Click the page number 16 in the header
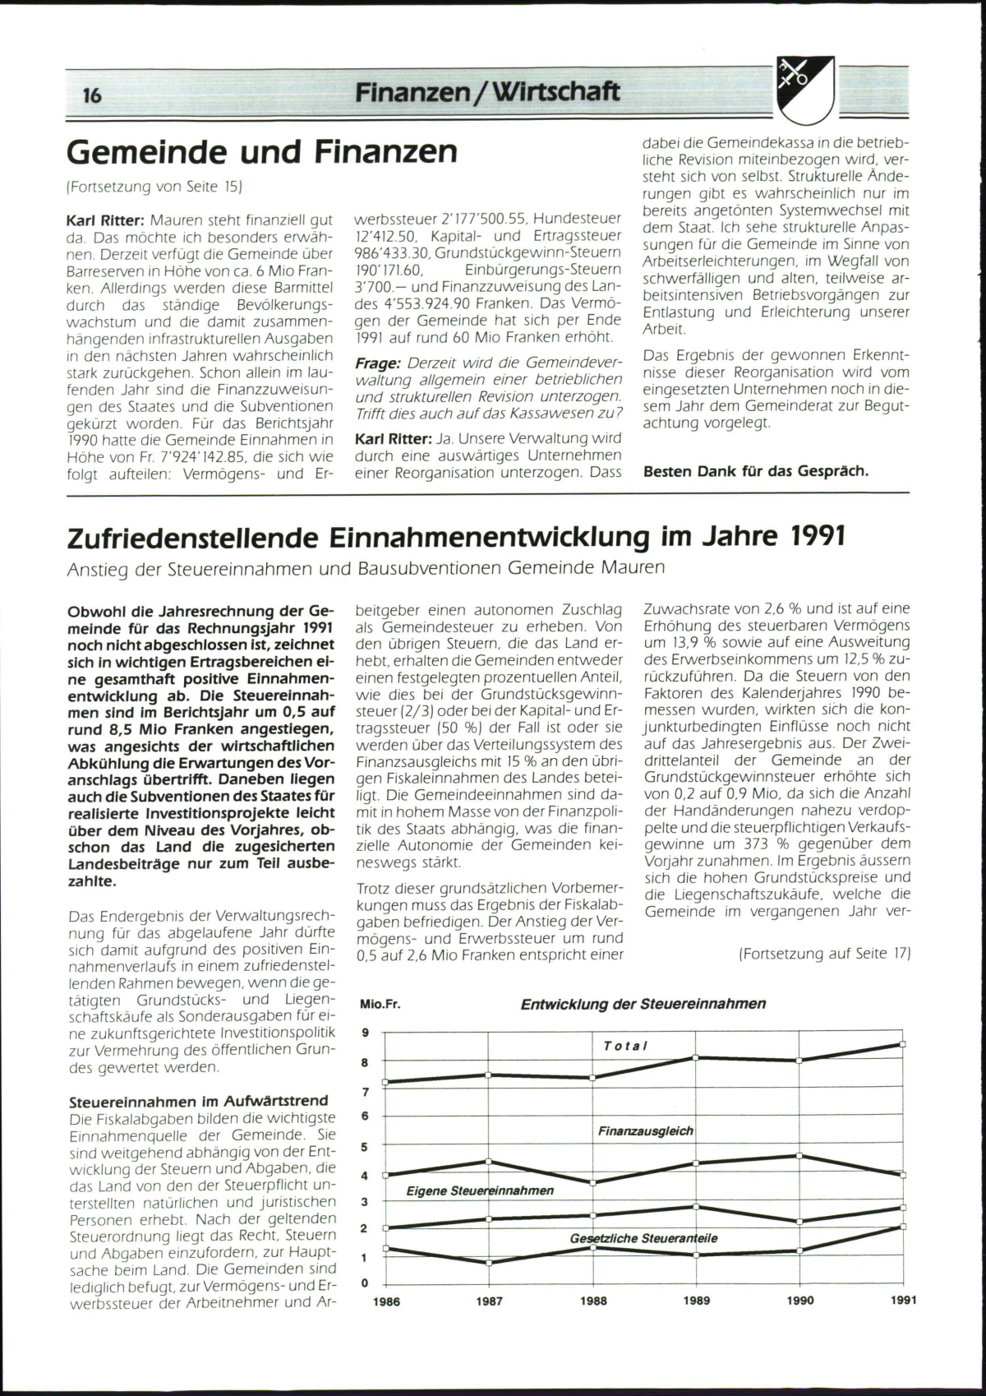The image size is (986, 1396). click(92, 95)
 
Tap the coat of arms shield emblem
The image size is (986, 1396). click(804, 90)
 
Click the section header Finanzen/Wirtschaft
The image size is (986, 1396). click(487, 91)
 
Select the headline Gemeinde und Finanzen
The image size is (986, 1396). click(261, 152)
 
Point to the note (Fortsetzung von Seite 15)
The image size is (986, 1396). click(154, 187)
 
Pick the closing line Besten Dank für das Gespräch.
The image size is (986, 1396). click(755, 472)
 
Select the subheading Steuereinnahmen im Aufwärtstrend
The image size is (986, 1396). click(198, 1101)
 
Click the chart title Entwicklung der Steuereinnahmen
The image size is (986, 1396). click(643, 1004)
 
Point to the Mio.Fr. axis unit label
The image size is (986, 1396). click(380, 1005)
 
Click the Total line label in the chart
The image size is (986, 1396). click(625, 1046)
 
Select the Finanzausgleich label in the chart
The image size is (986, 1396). click(646, 1131)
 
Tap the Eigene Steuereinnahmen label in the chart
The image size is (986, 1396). click(480, 1190)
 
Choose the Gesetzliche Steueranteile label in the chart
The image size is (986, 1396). click(643, 1238)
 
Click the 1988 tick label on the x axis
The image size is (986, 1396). click(593, 1301)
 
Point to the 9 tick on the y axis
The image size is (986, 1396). click(366, 1033)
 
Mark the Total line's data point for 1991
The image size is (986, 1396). click(903, 1044)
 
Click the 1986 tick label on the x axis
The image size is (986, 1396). click(387, 1301)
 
